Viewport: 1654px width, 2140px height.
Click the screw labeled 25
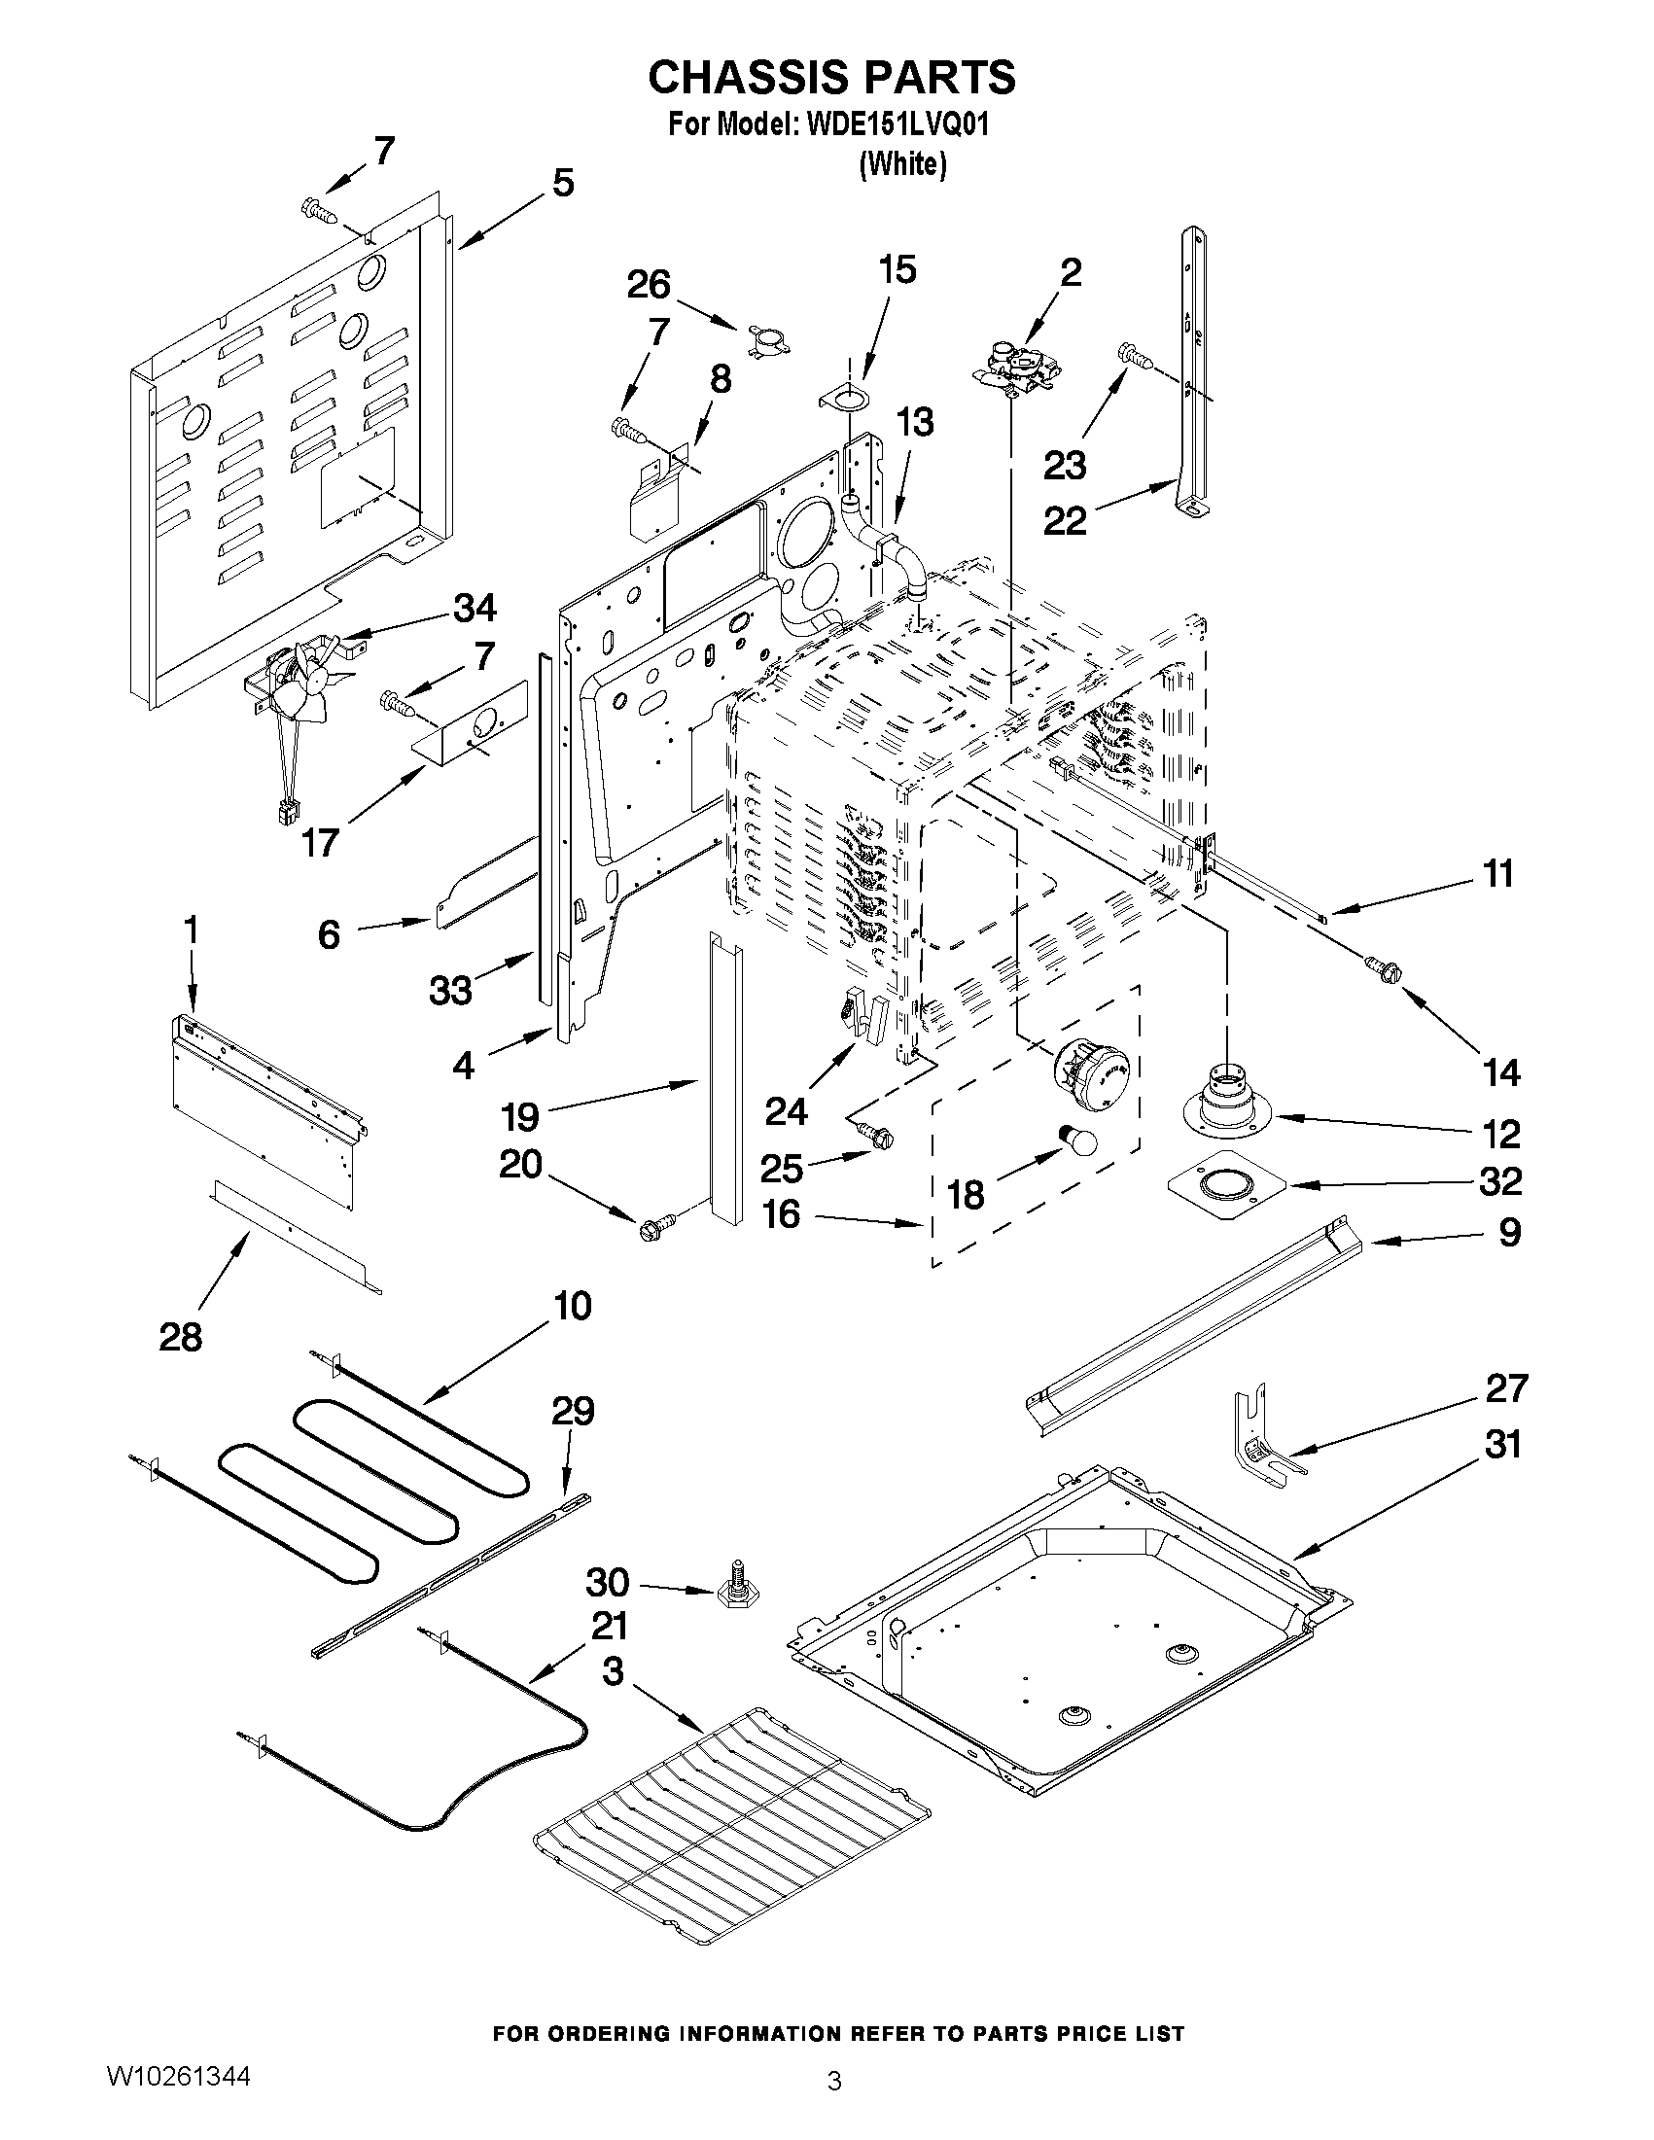874,1134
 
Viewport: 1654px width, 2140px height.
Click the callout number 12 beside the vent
1501,1134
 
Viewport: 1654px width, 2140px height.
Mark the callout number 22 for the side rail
1065,519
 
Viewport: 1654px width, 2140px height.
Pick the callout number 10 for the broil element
572,1305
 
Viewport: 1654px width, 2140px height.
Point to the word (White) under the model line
902,164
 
